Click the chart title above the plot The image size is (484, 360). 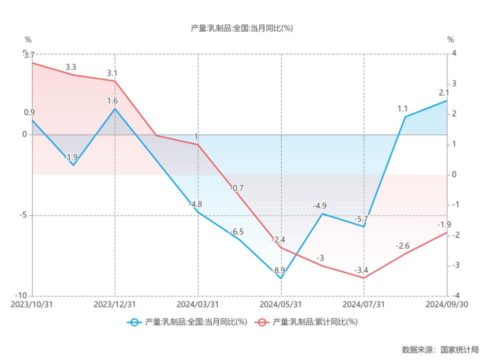(242, 28)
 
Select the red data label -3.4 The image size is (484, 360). (361, 270)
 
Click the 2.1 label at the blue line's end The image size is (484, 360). (443, 92)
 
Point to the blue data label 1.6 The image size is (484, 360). (113, 100)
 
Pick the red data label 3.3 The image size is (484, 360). (71, 67)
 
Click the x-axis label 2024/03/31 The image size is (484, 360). (198, 304)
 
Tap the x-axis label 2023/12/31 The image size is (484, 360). (115, 304)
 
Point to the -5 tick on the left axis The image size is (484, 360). (23, 215)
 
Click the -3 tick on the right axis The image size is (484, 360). (453, 265)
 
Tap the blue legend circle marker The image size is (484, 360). (134, 322)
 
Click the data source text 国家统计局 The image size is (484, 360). (459, 349)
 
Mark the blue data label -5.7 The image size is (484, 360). (361, 219)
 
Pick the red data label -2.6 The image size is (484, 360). (402, 246)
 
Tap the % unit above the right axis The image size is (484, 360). (450, 39)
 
